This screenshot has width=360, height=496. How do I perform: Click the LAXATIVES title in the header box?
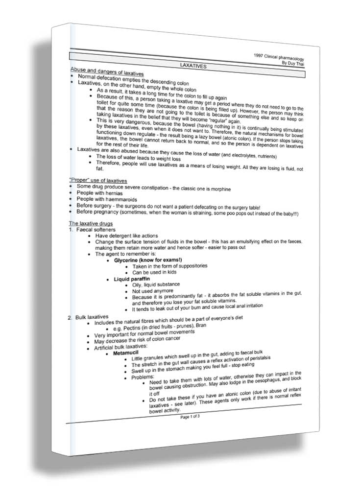pyautogui.click(x=192, y=65)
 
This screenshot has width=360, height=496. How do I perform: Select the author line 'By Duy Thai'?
pyautogui.click(x=292, y=63)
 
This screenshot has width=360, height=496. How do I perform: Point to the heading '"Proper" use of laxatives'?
pyautogui.click(x=98, y=181)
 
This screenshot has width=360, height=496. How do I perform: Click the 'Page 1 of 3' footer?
pyautogui.click(x=190, y=417)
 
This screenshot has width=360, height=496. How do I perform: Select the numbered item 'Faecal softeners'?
pyautogui.click(x=96, y=229)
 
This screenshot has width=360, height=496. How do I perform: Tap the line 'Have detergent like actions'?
pyautogui.click(x=126, y=236)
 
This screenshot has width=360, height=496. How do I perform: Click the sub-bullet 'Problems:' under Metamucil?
pyautogui.click(x=143, y=377)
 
